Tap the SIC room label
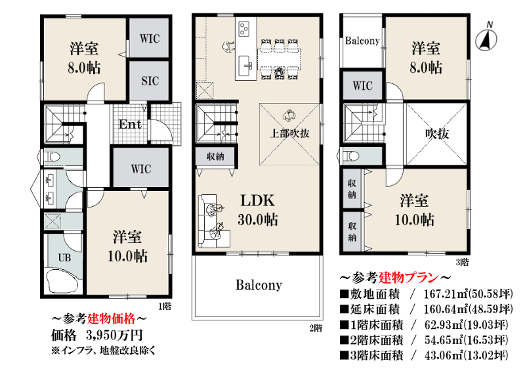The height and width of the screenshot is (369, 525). [150, 81]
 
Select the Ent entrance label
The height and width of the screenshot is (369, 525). [130, 125]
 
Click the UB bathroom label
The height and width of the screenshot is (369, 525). [64, 257]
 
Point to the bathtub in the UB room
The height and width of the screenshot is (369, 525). [63, 280]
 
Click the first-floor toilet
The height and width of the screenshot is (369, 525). [51, 156]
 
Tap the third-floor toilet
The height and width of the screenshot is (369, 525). [350, 156]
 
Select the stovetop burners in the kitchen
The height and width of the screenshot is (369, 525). [243, 28]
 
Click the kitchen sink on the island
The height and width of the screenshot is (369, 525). [245, 66]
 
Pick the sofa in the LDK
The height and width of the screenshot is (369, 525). [214, 221]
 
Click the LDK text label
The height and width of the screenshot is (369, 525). [257, 200]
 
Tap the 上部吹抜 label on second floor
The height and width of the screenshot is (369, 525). [289, 133]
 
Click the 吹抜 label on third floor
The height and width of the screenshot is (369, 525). [437, 134]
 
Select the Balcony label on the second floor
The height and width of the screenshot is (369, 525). [259, 285]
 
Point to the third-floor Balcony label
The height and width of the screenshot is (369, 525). [362, 41]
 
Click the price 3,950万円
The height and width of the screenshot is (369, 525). [114, 335]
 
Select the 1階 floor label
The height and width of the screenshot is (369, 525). [165, 306]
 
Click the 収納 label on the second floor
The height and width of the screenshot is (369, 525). [215, 156]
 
